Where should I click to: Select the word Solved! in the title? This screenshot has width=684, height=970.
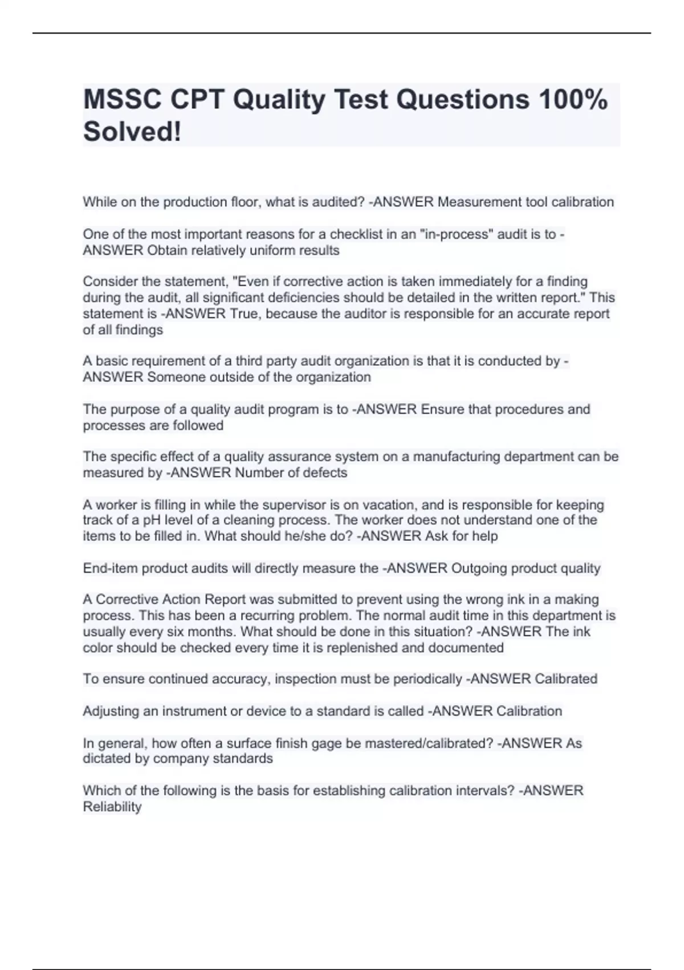click(x=132, y=132)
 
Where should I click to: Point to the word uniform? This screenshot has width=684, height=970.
click(x=271, y=250)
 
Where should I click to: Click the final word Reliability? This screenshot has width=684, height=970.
click(x=112, y=807)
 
